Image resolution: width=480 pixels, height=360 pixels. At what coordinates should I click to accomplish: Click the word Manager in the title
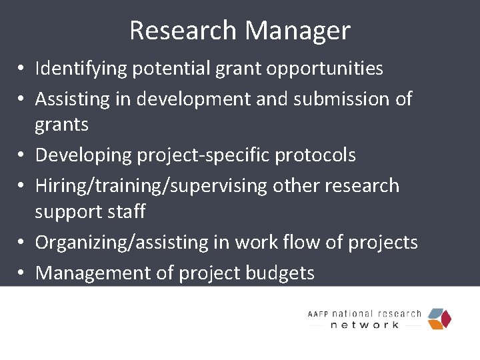pyautogui.click(x=297, y=31)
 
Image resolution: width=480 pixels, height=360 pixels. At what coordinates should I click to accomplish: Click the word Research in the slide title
pyautogui.click(x=183, y=31)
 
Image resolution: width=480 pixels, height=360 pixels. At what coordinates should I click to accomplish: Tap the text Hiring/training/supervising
pyautogui.click(x=151, y=185)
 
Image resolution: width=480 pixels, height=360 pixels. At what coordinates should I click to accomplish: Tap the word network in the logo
pyautogui.click(x=365, y=325)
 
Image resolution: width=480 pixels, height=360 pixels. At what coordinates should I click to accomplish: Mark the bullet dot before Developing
pyautogui.click(x=22, y=155)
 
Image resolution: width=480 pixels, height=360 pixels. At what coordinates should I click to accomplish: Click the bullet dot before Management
pyautogui.click(x=22, y=273)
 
